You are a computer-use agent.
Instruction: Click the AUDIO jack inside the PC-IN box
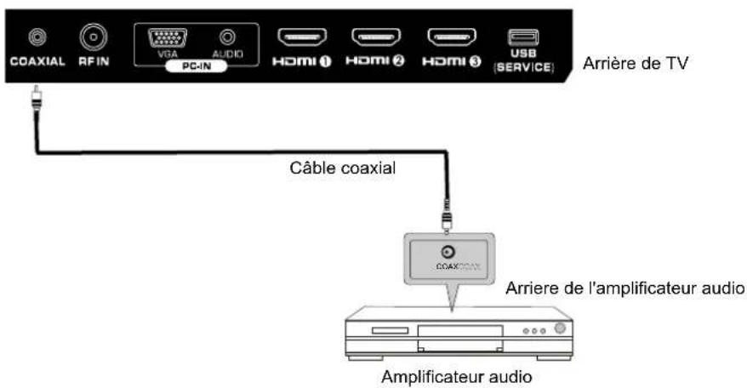(227, 37)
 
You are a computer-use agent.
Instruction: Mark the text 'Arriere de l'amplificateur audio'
(625, 289)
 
